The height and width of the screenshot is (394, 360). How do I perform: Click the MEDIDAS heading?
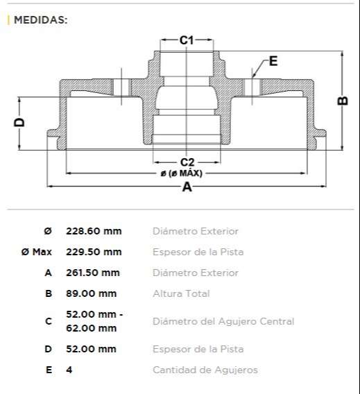tap(40, 20)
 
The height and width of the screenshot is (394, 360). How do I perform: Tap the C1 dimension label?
tap(187, 40)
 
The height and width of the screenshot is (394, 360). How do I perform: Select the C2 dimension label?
tap(187, 162)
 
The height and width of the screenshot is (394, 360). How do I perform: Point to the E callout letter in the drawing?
tap(273, 62)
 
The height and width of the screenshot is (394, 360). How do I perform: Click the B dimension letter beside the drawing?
tap(342, 101)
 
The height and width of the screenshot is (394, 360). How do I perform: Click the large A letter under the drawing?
tap(186, 187)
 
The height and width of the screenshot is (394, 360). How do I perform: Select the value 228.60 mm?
tap(94, 231)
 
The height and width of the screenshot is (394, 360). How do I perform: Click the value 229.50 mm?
tap(94, 252)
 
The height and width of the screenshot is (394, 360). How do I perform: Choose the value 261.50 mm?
tap(93, 273)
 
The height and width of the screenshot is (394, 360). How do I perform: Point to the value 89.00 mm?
tap(91, 293)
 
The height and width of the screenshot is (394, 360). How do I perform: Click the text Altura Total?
tap(181, 293)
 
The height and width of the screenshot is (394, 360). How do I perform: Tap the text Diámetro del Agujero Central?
tap(223, 321)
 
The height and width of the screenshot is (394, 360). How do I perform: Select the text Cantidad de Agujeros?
tap(205, 370)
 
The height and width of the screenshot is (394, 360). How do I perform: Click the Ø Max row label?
tap(37, 252)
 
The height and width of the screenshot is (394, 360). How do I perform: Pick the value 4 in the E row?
tap(69, 370)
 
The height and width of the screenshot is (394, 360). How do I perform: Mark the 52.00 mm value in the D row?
tap(91, 349)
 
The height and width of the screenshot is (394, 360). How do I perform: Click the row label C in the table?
tap(48, 321)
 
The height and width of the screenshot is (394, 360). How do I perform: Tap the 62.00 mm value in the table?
tap(91, 327)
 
